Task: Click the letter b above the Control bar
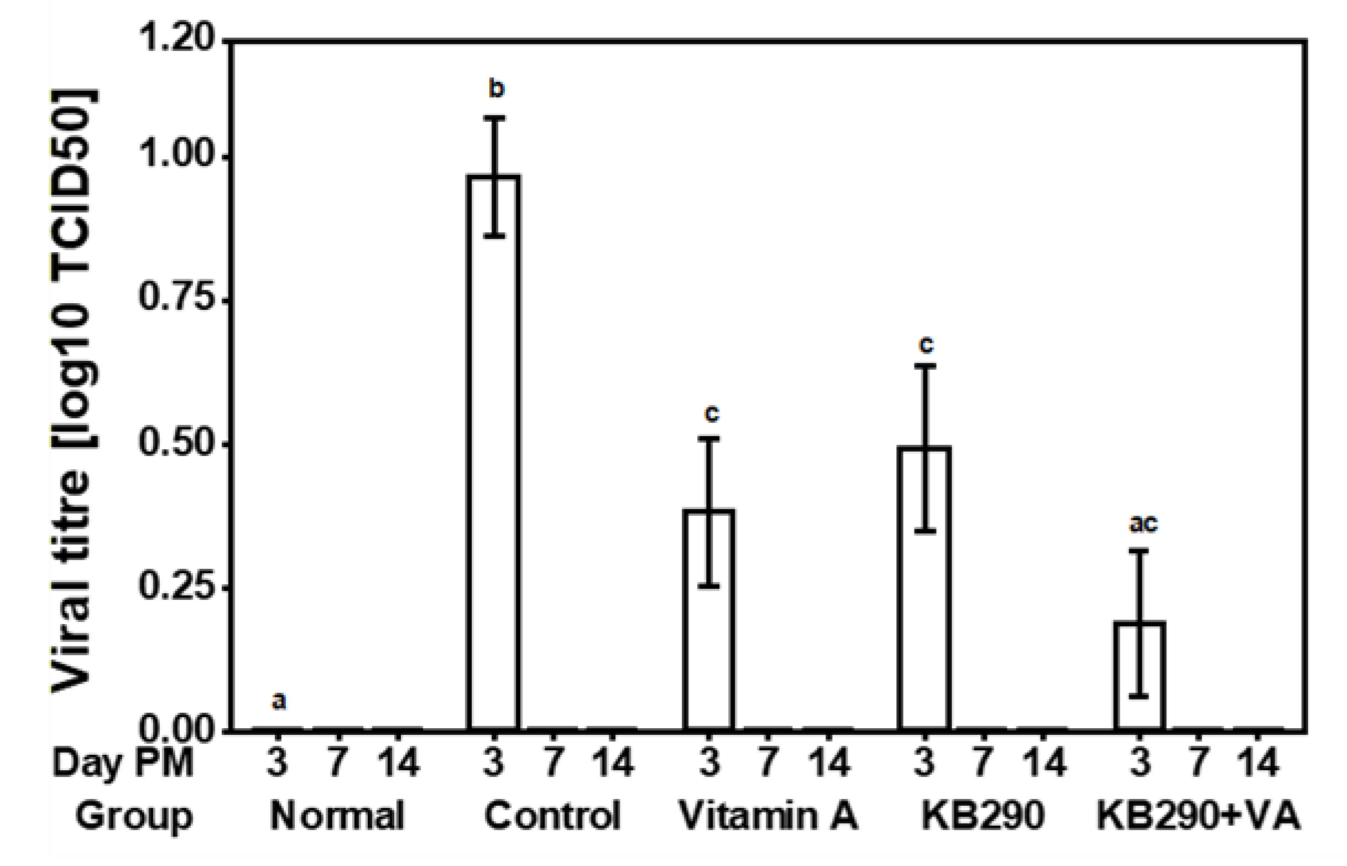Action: click(x=496, y=89)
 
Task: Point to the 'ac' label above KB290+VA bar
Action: click(x=1143, y=523)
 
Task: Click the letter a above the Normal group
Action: click(x=279, y=701)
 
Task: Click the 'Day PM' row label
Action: click(x=123, y=763)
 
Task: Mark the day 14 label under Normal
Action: click(x=398, y=763)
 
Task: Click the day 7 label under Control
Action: click(x=554, y=763)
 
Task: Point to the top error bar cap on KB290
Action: click(x=925, y=366)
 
